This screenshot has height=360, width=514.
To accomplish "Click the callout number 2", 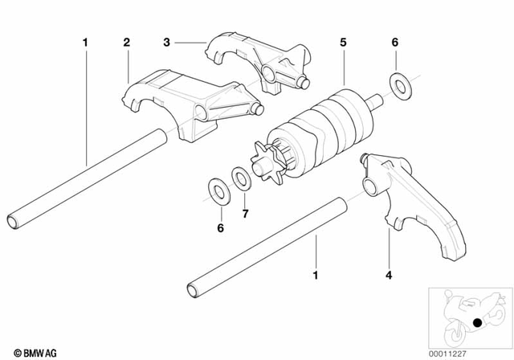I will pyautogui.click(x=127, y=41).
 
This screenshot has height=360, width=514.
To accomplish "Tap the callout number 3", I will pyautogui.click(x=167, y=41).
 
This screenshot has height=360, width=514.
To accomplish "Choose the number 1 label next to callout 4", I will pyautogui.click(x=314, y=276).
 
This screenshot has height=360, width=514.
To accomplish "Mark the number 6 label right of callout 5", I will pyautogui.click(x=394, y=41).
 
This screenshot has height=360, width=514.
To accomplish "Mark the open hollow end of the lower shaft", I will pyautogui.click(x=193, y=288).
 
